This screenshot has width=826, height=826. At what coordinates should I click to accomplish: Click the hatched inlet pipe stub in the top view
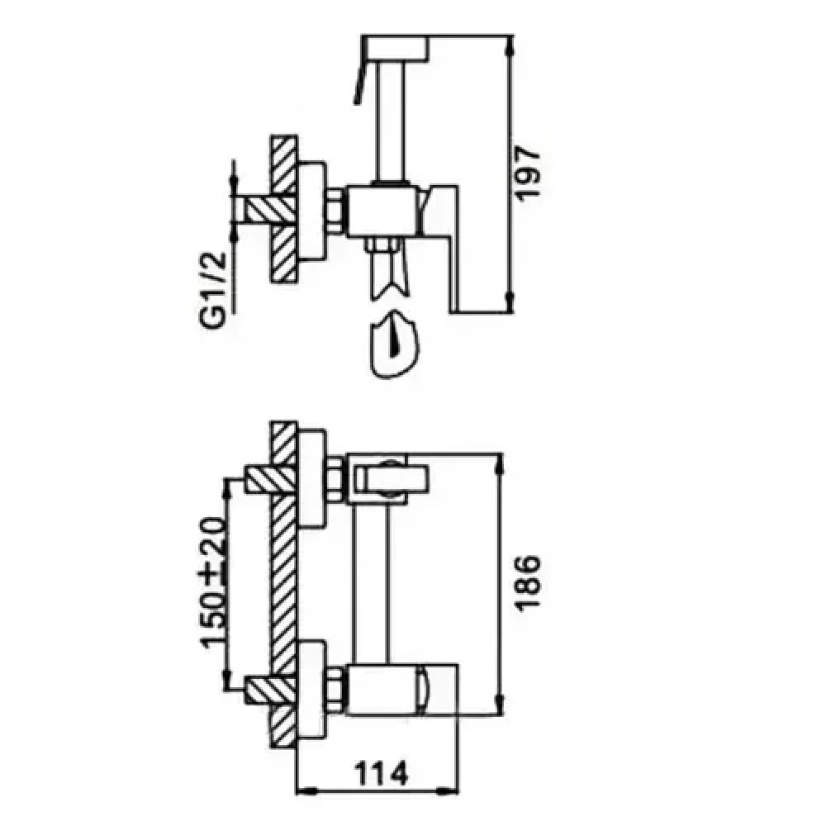tap(263, 209)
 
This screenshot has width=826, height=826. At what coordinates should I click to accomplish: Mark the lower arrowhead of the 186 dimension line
tap(498, 702)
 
